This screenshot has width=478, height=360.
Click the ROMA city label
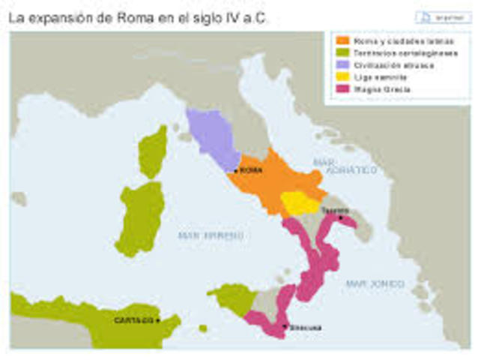(x=252, y=170)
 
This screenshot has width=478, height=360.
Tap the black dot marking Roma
(x=236, y=171)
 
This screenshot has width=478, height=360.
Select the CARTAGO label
(x=134, y=320)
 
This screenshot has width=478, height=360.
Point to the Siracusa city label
(x=306, y=327)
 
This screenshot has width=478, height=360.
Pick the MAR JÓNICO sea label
(x=375, y=283)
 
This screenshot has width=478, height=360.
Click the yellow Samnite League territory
(x=299, y=202)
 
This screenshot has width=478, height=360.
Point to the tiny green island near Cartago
(x=203, y=328)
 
